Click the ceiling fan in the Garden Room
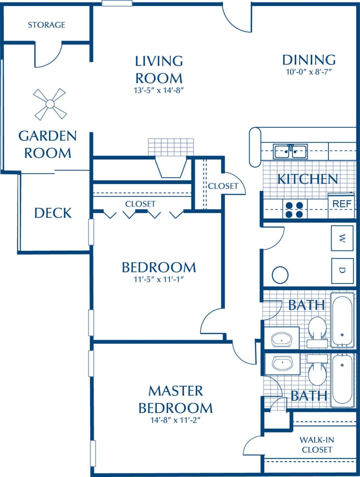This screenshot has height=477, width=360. (49, 104)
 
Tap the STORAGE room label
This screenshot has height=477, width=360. (47, 25)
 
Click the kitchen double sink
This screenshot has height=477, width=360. (290, 152)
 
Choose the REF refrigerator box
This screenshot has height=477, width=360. (341, 204)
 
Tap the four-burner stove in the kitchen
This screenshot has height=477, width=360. (294, 209)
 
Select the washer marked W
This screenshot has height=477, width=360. (342, 238)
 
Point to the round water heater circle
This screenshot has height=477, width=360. (280, 275)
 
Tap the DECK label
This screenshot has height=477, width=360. (53, 213)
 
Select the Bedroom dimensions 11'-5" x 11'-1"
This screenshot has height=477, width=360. (159, 279)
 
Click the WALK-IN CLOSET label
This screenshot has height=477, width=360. (317, 445)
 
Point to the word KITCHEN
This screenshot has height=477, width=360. (307, 179)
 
